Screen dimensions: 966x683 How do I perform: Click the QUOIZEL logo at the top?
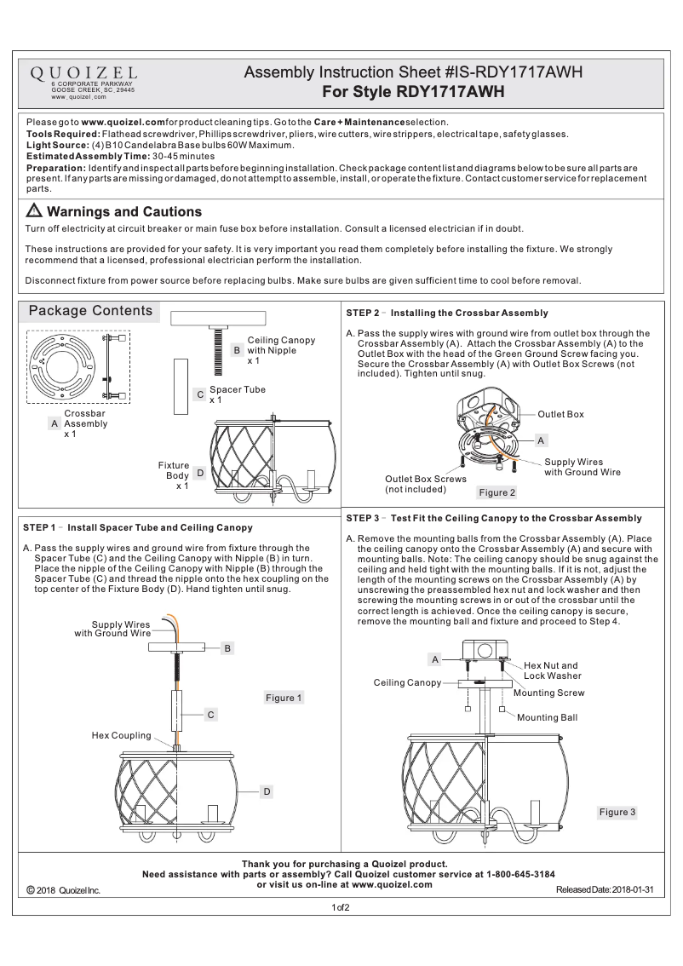point(83,73)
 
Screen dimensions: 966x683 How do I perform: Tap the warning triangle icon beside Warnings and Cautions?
point(34,211)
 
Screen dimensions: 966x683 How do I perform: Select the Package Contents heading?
point(91,311)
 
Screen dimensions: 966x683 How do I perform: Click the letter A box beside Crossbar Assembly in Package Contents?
point(55,423)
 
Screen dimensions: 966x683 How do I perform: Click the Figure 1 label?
point(284,698)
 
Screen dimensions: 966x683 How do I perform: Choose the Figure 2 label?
point(497,492)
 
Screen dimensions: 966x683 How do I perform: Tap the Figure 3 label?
point(617,812)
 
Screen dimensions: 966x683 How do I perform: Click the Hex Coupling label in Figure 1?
point(121,734)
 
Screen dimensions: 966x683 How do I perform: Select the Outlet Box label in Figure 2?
point(560,414)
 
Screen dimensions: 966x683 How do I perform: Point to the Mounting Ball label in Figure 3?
point(547,717)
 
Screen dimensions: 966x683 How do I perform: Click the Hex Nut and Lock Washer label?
point(551,670)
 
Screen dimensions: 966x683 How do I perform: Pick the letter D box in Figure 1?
point(267,792)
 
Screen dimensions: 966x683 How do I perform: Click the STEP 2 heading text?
point(447,313)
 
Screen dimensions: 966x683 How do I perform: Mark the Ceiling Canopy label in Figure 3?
point(407,683)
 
